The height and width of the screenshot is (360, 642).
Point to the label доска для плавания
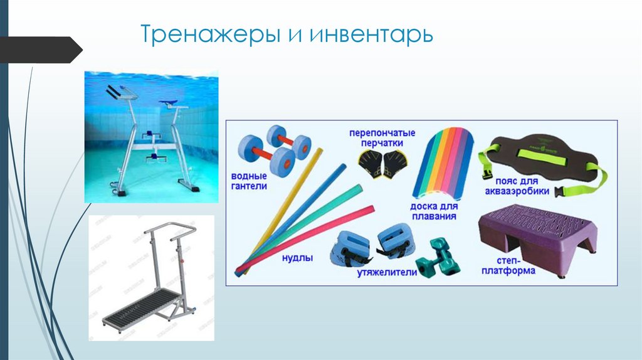pyautogui.click(x=433, y=211)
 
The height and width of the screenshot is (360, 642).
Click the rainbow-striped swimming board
pyautogui.click(x=442, y=162)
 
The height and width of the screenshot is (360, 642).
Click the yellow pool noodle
pyautogui.click(x=282, y=206)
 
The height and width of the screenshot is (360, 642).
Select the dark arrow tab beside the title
pyautogui.click(x=40, y=50)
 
